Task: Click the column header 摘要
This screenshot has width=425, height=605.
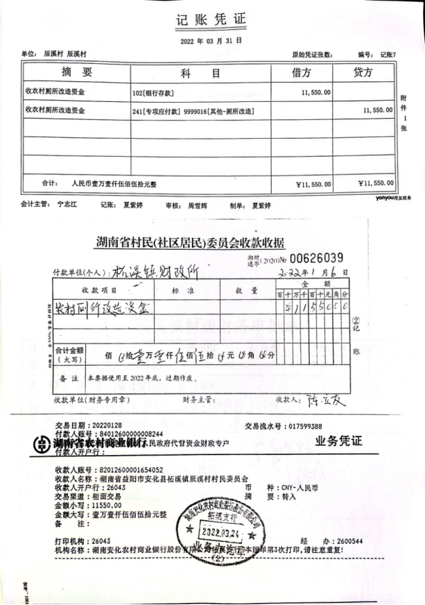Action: coord(76,73)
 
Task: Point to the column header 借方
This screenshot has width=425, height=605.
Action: coord(302,73)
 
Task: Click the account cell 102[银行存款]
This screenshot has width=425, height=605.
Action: coord(153,93)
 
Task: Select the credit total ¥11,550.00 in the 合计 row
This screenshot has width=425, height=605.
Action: coord(375,183)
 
